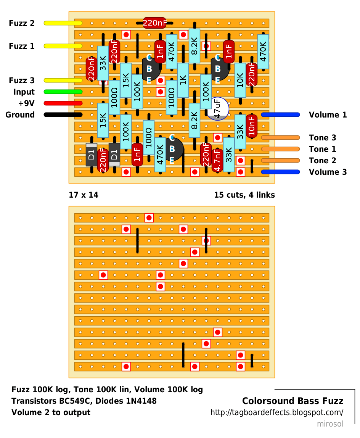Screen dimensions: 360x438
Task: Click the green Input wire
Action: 63,92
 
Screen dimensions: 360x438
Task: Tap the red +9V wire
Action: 63,103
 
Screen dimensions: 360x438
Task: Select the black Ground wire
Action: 63,114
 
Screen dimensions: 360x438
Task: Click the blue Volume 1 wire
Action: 280,114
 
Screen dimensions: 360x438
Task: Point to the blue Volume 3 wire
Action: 280,172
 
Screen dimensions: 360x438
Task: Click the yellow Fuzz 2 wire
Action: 63,23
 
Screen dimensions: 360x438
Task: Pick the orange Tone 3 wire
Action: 280,137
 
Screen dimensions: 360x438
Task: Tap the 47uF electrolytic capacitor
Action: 218,109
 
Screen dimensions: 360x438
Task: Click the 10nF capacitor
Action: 252,126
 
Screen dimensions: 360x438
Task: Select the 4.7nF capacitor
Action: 217,160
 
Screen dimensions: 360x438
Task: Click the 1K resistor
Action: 183,80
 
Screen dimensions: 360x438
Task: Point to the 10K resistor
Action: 240,80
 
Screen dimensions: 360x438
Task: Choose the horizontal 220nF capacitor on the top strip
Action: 155,23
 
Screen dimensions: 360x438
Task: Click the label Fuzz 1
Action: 22,46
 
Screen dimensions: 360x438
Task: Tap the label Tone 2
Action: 322,161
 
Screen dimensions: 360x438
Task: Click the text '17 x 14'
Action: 84,195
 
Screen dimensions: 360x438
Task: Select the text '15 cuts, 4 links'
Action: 244,195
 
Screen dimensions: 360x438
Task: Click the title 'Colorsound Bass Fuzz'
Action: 293,401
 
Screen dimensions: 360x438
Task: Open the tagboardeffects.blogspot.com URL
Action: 277,412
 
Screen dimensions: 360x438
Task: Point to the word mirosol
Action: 330,424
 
